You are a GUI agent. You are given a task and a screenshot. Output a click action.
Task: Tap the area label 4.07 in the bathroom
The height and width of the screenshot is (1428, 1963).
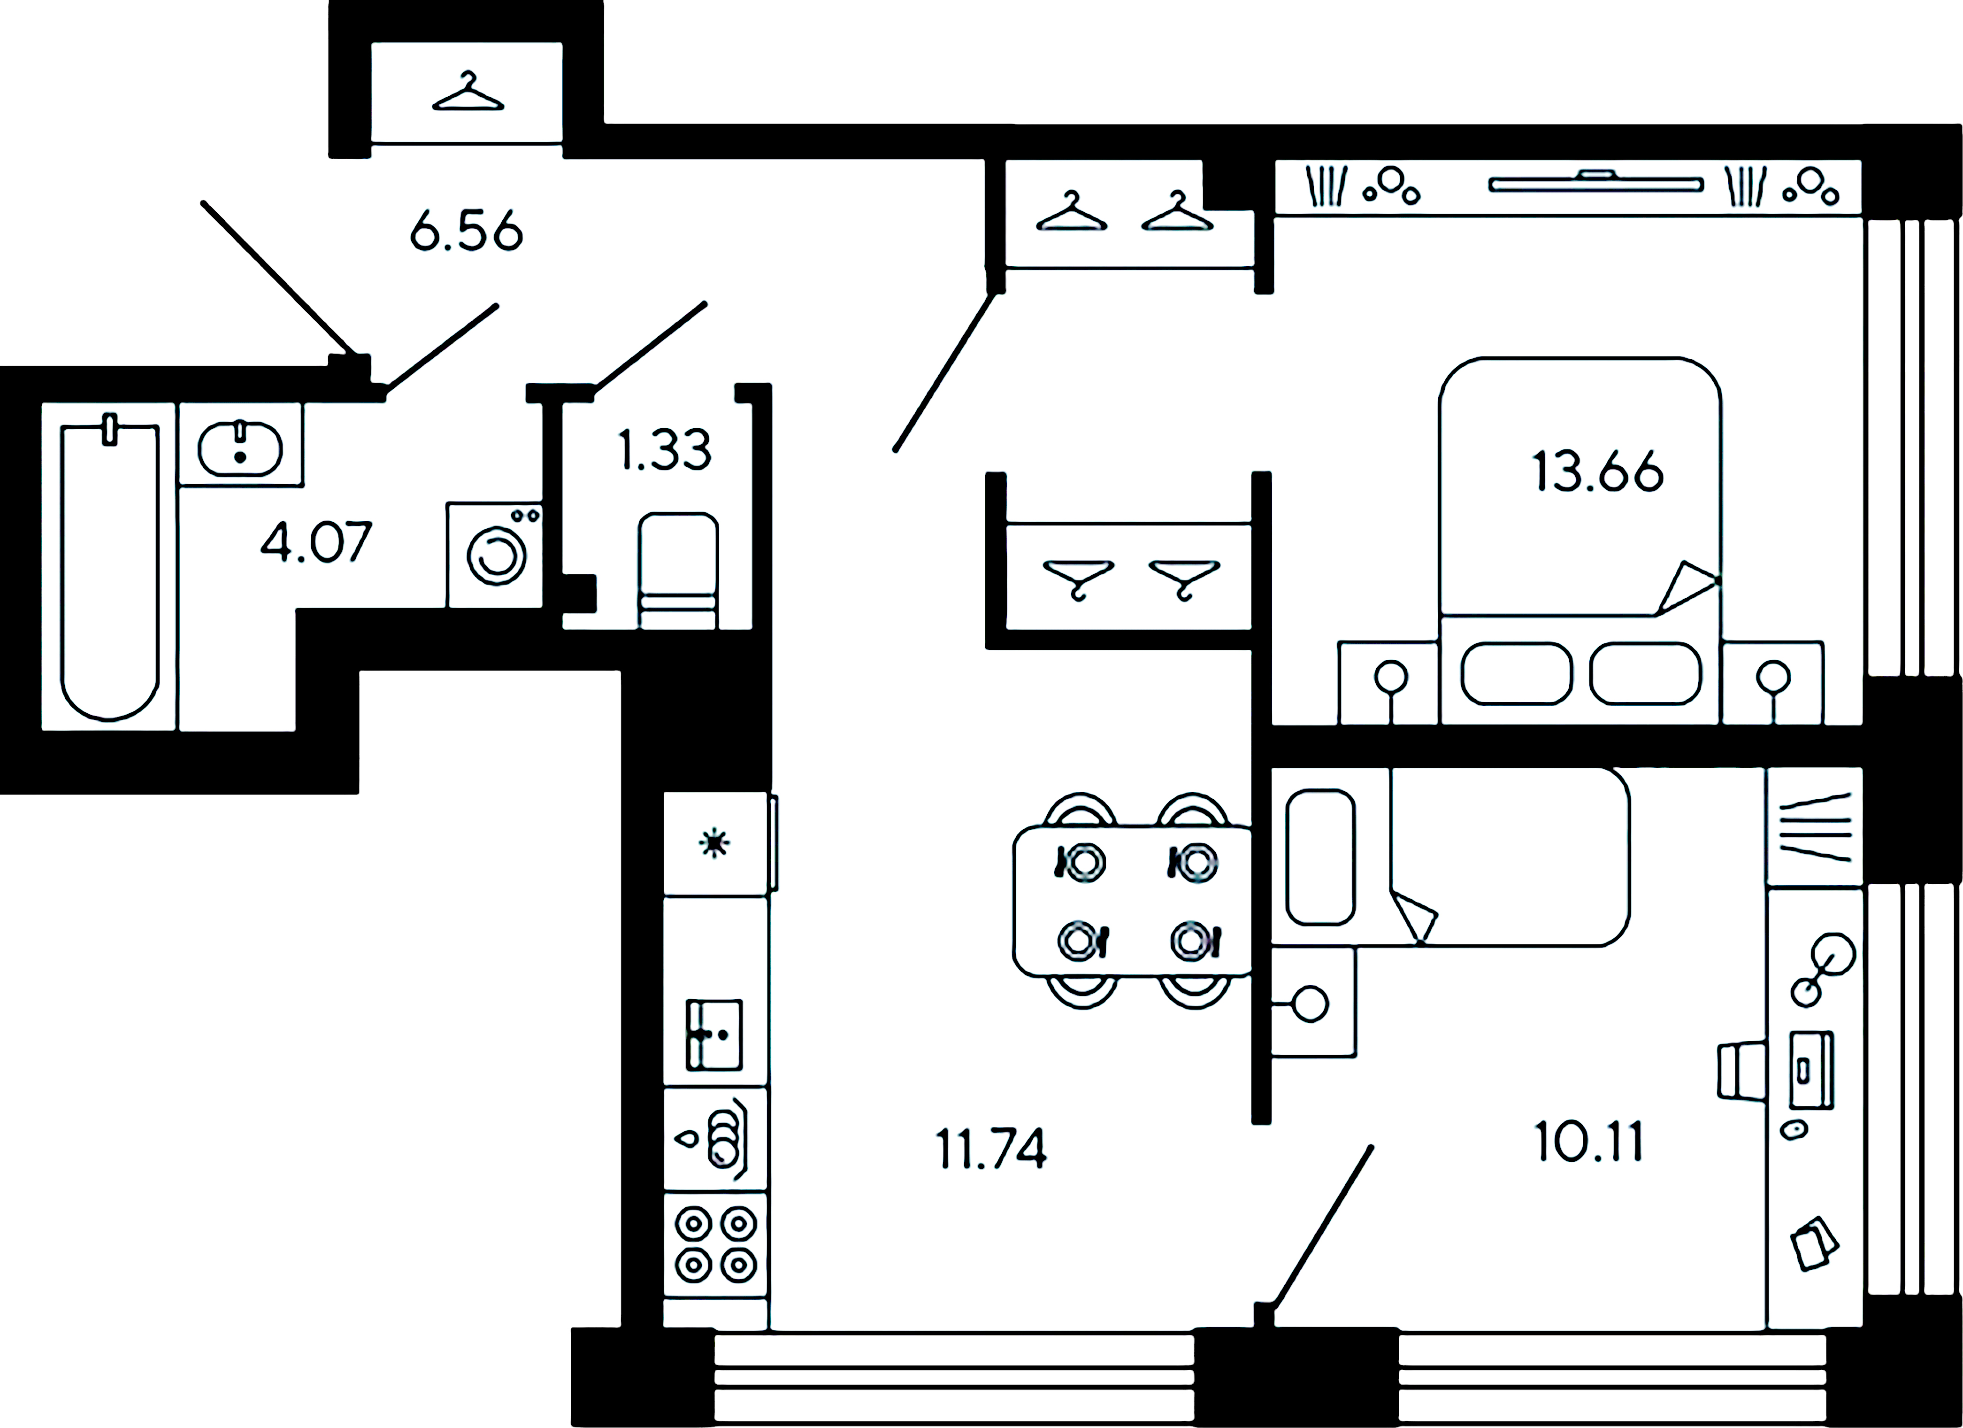[x=316, y=542]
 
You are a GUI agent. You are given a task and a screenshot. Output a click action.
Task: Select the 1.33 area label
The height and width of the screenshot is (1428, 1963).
[x=665, y=450]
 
